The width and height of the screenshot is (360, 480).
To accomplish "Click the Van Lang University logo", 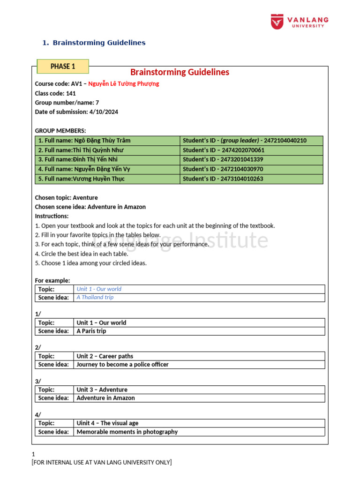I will (x=300, y=22).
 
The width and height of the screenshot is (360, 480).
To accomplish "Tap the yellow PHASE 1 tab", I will (x=63, y=67).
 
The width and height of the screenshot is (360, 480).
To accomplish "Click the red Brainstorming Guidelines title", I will (x=180, y=72).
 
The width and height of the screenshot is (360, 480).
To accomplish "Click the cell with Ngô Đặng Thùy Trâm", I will (x=107, y=141).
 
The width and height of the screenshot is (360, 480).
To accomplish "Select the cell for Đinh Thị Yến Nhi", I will (x=107, y=160).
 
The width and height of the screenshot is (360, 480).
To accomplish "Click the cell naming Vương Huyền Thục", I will (x=107, y=179).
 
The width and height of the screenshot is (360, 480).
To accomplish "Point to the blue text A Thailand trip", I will (x=95, y=297).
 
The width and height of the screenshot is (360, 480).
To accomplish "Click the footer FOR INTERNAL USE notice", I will (x=102, y=463).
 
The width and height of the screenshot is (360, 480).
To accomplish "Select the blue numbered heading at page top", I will (x=94, y=43).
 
